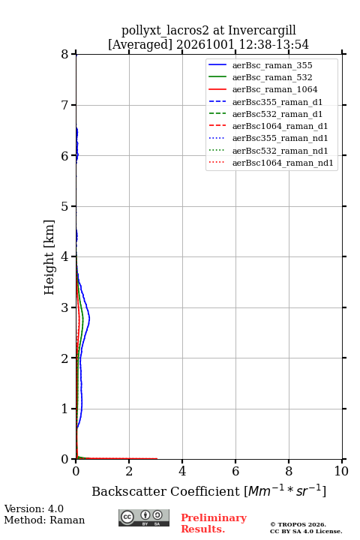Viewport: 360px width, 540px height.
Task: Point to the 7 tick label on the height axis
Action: point(64,105)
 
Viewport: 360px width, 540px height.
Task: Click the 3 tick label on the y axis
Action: point(64,307)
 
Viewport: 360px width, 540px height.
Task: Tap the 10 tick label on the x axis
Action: point(341,471)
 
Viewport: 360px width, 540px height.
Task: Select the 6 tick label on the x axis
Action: point(235,471)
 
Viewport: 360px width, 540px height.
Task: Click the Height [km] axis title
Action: point(49,257)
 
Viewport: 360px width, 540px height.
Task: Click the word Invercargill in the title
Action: point(262,31)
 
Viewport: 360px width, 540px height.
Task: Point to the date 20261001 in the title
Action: point(205,45)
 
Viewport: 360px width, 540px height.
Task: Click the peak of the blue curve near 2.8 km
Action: point(89,319)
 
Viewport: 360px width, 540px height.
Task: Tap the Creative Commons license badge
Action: point(144,517)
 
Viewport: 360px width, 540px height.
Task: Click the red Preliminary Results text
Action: point(214,523)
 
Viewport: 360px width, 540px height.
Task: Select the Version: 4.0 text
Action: point(34,508)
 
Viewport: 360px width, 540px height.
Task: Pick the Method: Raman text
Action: point(44,520)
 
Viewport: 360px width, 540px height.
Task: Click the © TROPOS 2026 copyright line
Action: point(298,524)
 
